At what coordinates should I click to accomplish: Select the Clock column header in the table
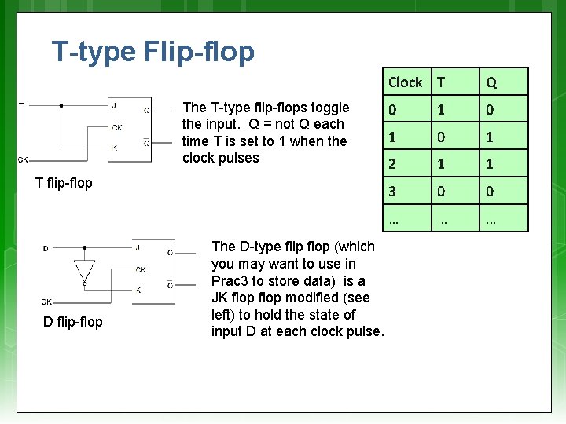(x=405, y=82)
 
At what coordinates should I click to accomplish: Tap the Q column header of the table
(x=490, y=82)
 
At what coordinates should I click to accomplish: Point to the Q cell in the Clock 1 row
(x=490, y=137)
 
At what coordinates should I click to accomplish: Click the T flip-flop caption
(x=64, y=183)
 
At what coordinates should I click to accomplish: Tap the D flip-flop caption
(x=73, y=322)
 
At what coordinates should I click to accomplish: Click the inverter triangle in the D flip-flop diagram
(x=84, y=269)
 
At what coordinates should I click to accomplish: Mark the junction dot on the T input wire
(x=61, y=104)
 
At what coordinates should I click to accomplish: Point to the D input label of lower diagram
(x=46, y=248)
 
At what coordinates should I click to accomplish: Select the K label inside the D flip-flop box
(x=138, y=290)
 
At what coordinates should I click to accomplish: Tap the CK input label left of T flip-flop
(x=24, y=159)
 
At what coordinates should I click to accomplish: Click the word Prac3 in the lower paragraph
(x=230, y=281)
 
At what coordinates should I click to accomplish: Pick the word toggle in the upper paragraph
(x=329, y=108)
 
